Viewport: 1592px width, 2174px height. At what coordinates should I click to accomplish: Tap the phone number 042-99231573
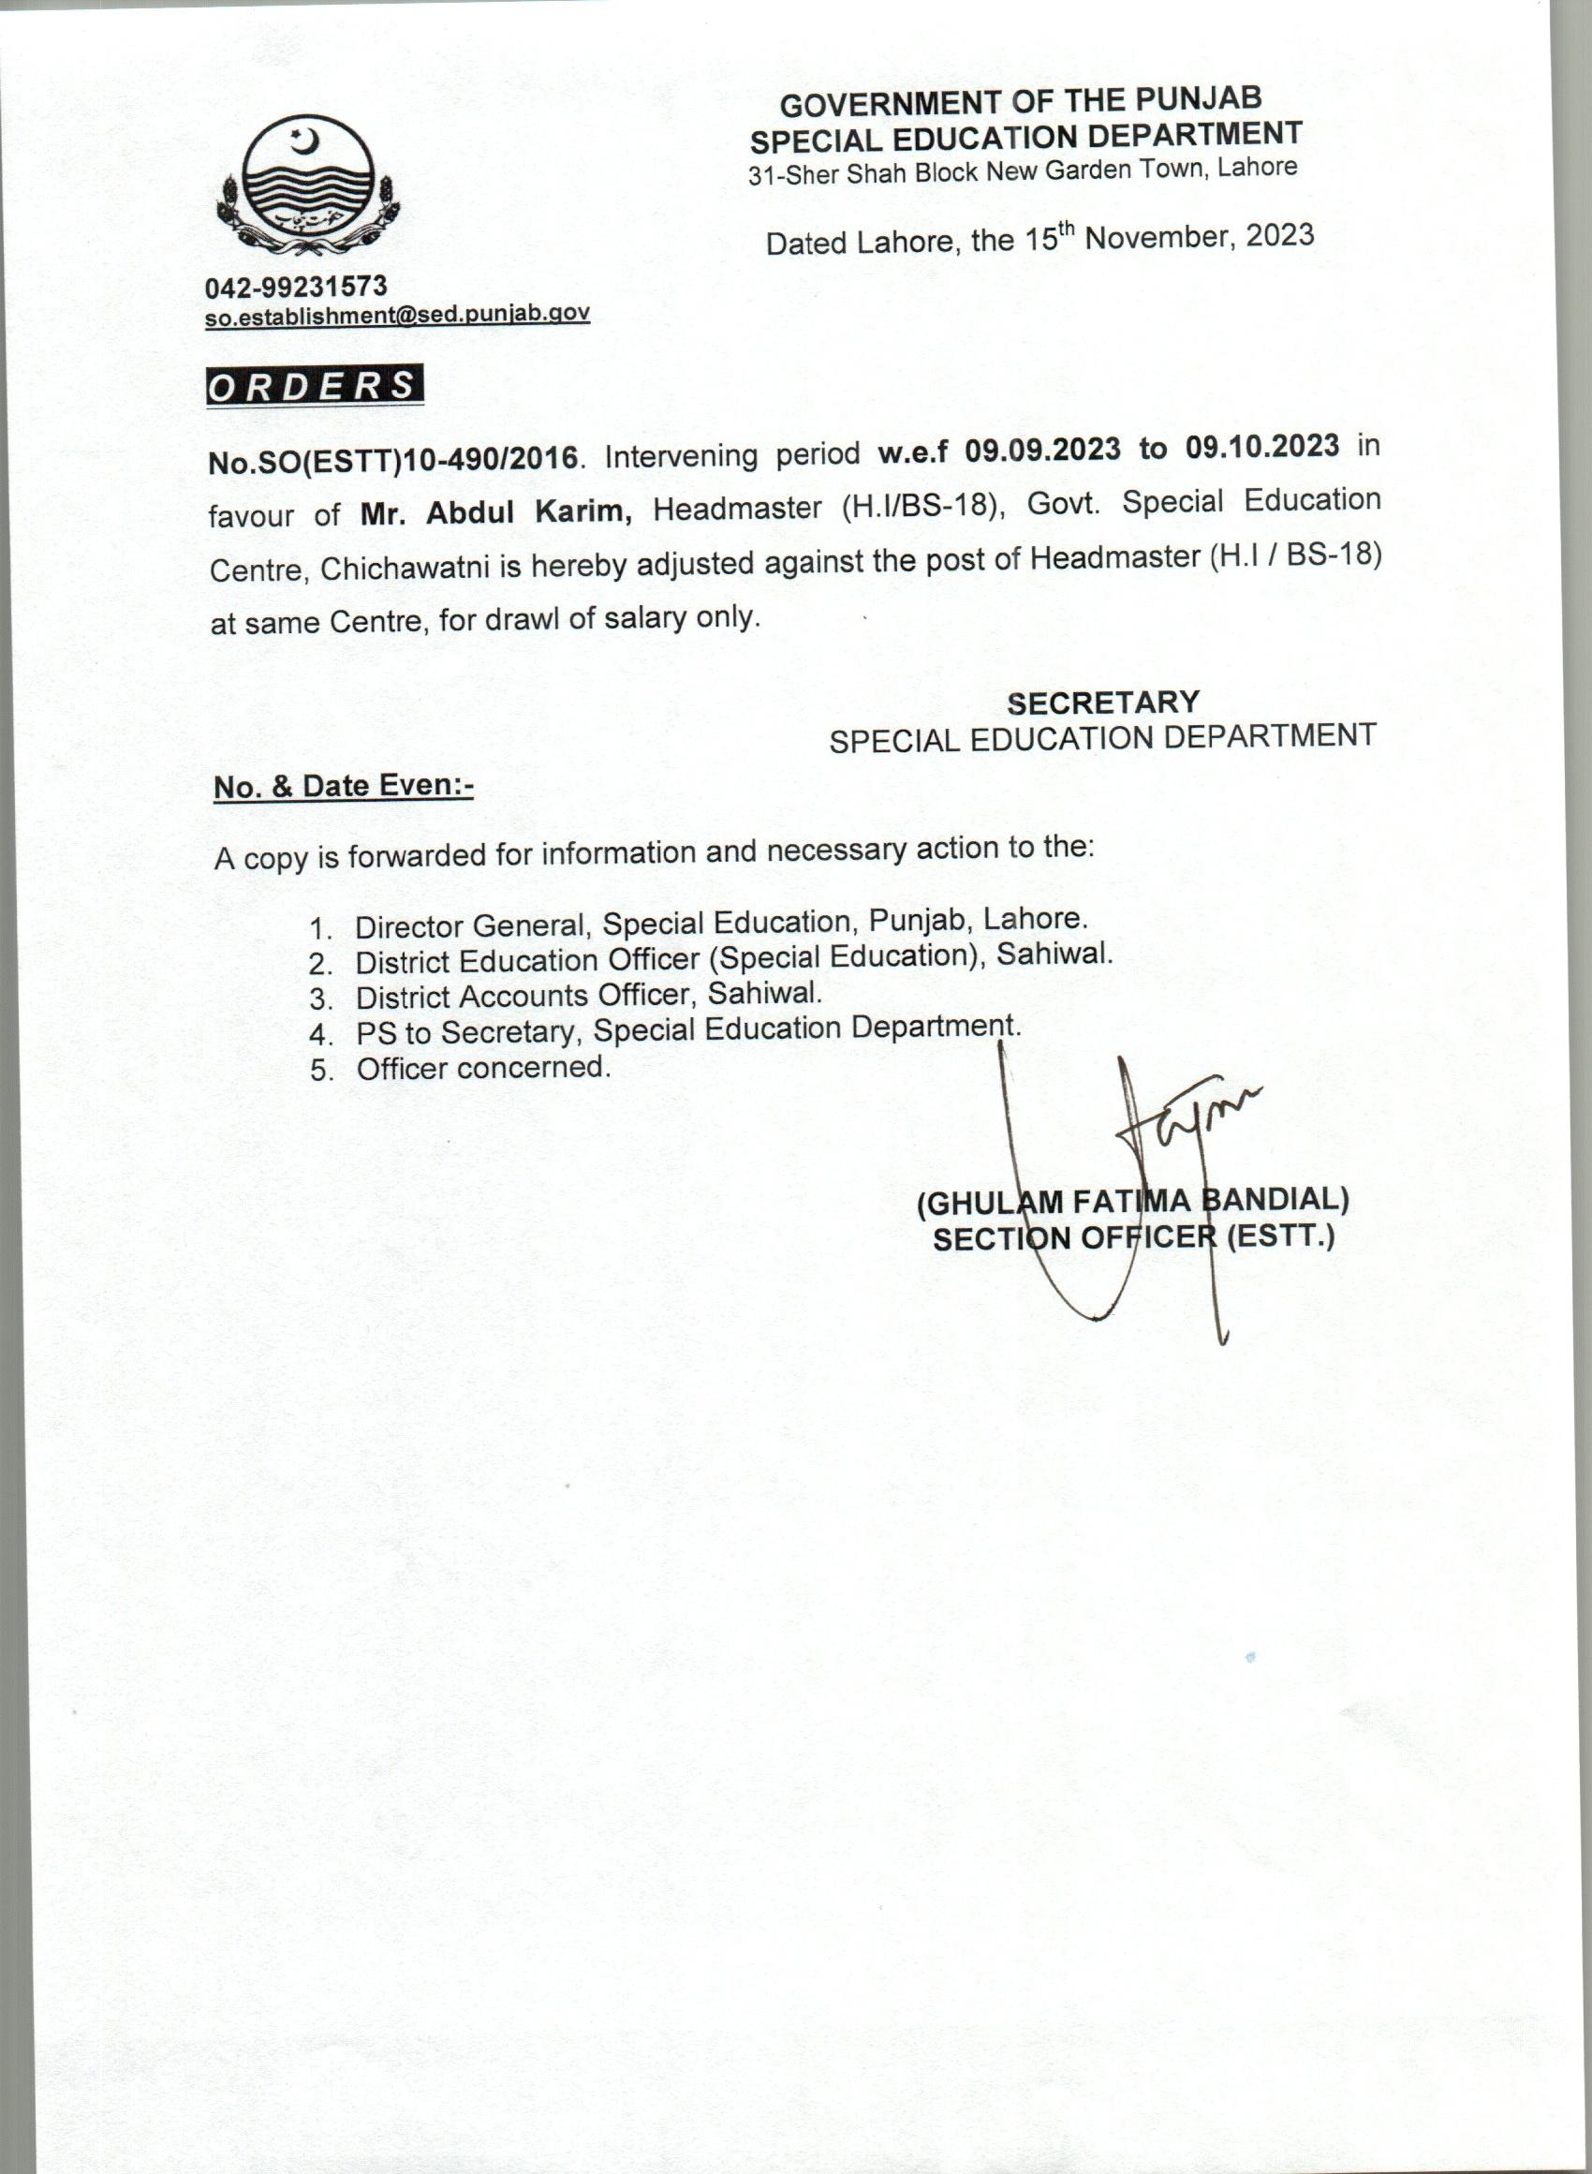point(296,287)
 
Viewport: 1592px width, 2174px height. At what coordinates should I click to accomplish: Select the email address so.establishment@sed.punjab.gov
point(396,314)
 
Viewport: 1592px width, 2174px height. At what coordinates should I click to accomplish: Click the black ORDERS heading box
point(314,386)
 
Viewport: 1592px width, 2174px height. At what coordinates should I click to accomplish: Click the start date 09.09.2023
point(1043,450)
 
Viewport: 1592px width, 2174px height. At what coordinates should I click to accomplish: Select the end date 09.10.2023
point(1262,446)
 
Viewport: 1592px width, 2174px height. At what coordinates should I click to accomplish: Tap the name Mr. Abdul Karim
point(496,512)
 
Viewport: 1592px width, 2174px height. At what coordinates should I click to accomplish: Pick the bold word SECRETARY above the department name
point(1103,702)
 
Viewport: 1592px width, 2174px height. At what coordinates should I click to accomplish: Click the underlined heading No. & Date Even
point(343,787)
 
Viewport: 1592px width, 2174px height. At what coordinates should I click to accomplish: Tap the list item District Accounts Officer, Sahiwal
point(587,995)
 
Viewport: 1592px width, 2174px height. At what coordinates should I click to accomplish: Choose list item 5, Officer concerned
point(482,1068)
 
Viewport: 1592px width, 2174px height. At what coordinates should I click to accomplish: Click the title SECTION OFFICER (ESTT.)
point(1133,1237)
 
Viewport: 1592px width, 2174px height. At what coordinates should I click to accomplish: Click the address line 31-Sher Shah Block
point(1023,170)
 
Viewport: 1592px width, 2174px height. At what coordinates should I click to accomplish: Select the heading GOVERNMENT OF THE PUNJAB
point(1021,100)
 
